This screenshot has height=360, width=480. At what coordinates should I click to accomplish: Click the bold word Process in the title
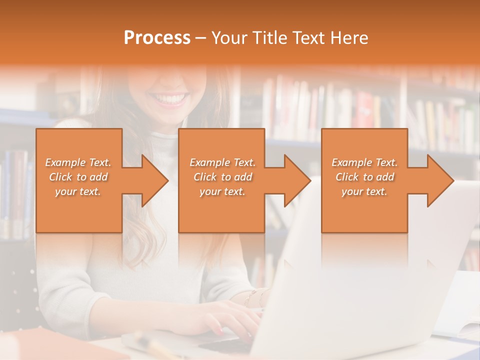coord(157,38)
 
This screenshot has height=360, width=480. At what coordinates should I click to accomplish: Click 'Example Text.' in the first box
coord(78,162)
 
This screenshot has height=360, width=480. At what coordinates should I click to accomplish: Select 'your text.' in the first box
coord(78,191)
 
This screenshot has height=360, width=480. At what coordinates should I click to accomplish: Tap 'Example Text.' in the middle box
coord(222,162)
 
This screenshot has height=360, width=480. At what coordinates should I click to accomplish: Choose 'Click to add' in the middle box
coord(222,177)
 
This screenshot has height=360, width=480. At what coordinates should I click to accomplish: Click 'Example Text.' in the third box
coord(364,162)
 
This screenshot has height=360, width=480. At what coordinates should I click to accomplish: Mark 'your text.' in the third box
coord(364,191)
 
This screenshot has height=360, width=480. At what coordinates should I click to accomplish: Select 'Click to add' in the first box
coord(78,177)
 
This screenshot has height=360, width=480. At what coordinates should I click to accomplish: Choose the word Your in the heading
coord(229,38)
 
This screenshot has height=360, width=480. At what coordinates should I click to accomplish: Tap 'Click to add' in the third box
coord(364,177)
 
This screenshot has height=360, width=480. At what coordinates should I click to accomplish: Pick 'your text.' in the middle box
coord(222,191)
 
